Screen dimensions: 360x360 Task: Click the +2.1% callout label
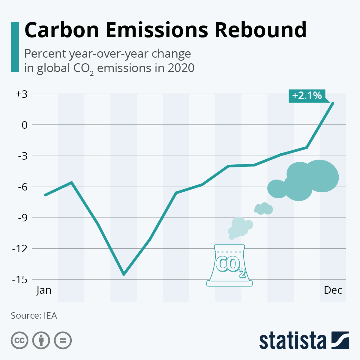307,96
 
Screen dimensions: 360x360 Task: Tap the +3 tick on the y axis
21,94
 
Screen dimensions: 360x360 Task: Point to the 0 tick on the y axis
24,125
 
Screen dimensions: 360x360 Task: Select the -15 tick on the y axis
20,280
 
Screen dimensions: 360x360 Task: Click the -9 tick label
22,218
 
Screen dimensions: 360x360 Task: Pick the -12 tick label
20,249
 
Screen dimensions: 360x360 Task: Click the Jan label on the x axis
44,290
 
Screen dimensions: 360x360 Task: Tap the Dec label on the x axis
333,290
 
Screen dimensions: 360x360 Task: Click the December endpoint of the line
333,103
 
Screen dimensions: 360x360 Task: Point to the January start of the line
45,195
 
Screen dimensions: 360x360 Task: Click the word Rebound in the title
260,30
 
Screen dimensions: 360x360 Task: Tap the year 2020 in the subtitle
181,68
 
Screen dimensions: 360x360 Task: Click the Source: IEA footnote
34,316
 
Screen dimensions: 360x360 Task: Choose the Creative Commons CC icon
19,340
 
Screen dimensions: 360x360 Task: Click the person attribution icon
41,340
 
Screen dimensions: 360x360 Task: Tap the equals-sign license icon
63,340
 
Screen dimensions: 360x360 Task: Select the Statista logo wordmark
292,340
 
